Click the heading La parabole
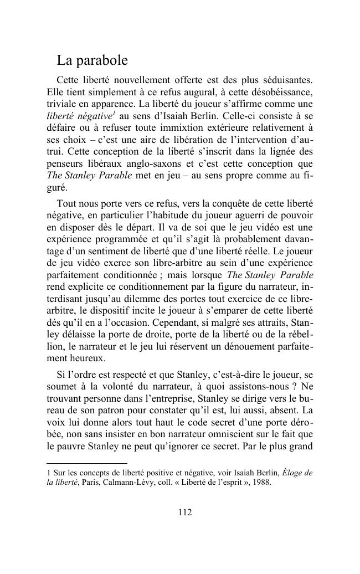coord(92,60)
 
